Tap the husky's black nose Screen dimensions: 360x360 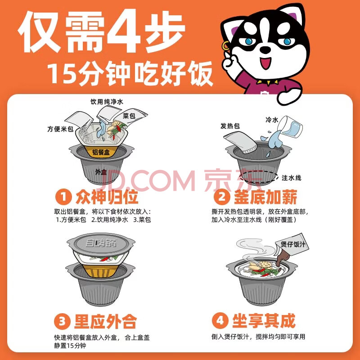(x=266, y=49)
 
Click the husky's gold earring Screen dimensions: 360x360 (x=225, y=46)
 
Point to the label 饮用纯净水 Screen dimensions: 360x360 (x=107, y=102)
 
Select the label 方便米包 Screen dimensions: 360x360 (x=60, y=129)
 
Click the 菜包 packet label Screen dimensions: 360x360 (x=129, y=116)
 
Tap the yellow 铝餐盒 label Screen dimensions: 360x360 (x=101, y=152)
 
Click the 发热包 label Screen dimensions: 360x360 (x=230, y=126)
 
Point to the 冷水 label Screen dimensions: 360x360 (x=272, y=120)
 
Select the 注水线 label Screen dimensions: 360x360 (x=291, y=178)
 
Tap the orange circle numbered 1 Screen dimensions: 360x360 (x=63, y=197)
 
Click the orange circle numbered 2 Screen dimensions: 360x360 (x=221, y=197)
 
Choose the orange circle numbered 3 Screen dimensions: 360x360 (x=62, y=321)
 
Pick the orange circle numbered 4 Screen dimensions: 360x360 (x=220, y=320)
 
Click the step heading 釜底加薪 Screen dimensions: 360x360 (x=265, y=197)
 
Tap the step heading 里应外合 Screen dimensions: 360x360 (x=105, y=321)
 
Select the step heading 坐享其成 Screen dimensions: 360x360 (x=264, y=320)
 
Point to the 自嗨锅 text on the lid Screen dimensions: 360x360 (x=101, y=243)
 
